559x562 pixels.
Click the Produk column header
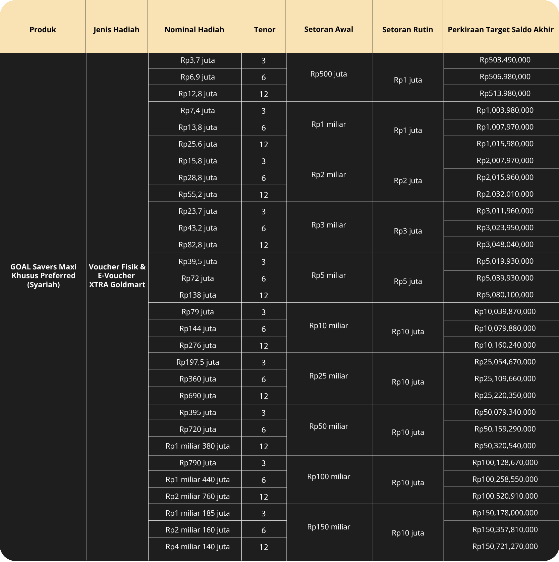pyautogui.click(x=43, y=30)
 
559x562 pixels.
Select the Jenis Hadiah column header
pyautogui.click(x=116, y=30)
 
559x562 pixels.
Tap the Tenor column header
pyautogui.click(x=265, y=30)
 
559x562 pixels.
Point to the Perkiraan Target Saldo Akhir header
pyautogui.click(x=501, y=30)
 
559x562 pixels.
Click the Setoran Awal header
pyautogui.click(x=329, y=29)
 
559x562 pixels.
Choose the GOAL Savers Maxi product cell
pyautogui.click(x=43, y=275)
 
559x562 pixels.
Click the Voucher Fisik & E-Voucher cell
pyautogui.click(x=117, y=275)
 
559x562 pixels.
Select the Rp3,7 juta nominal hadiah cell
pyautogui.click(x=198, y=60)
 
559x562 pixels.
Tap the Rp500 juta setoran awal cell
pyautogui.click(x=329, y=74)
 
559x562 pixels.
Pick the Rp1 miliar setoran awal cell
pyautogui.click(x=329, y=124)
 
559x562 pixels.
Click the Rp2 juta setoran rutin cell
pyautogui.click(x=408, y=181)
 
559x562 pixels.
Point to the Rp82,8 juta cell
pyautogui.click(x=198, y=245)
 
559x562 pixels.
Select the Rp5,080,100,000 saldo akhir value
pyautogui.click(x=505, y=295)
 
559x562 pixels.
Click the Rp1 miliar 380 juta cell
pyautogui.click(x=198, y=446)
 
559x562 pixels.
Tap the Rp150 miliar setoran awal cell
pyautogui.click(x=329, y=527)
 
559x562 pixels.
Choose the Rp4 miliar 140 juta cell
pyautogui.click(x=198, y=547)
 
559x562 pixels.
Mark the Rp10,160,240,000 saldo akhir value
pyautogui.click(x=505, y=345)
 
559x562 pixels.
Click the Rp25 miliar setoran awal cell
pyautogui.click(x=329, y=376)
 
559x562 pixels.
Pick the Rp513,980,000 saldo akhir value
pyautogui.click(x=505, y=94)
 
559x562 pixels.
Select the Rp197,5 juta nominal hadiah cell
pyautogui.click(x=198, y=362)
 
